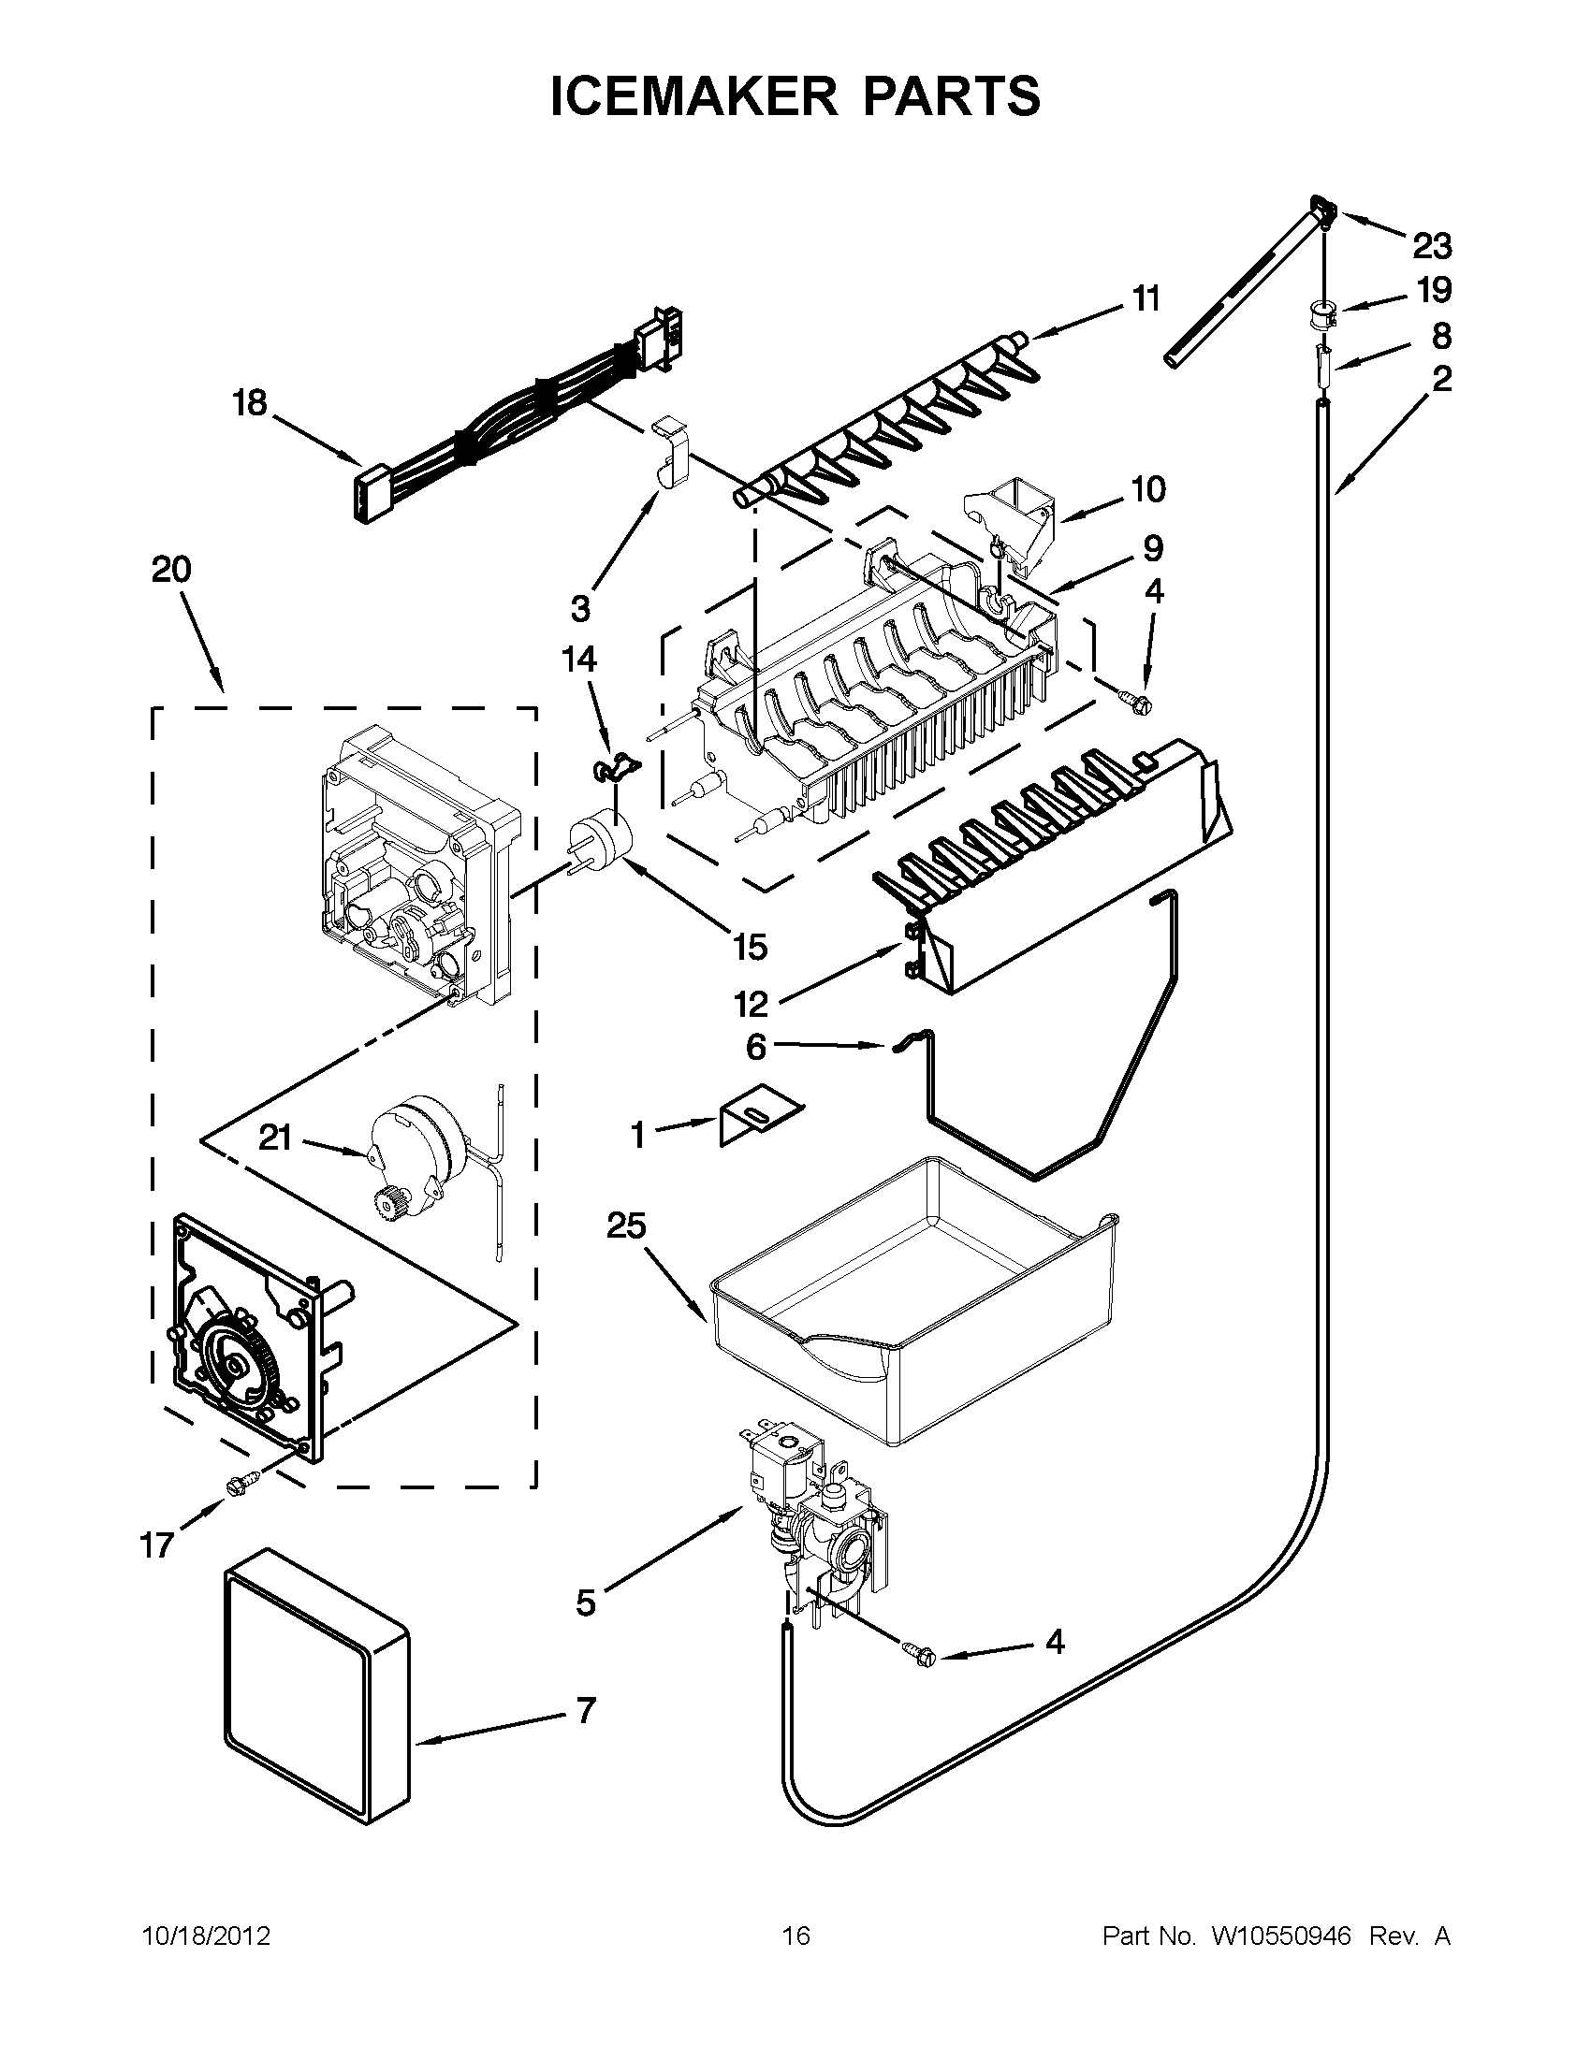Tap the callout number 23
click(1432, 247)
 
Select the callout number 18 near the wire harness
click(251, 403)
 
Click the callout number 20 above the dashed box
click(170, 570)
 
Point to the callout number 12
click(752, 1005)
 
